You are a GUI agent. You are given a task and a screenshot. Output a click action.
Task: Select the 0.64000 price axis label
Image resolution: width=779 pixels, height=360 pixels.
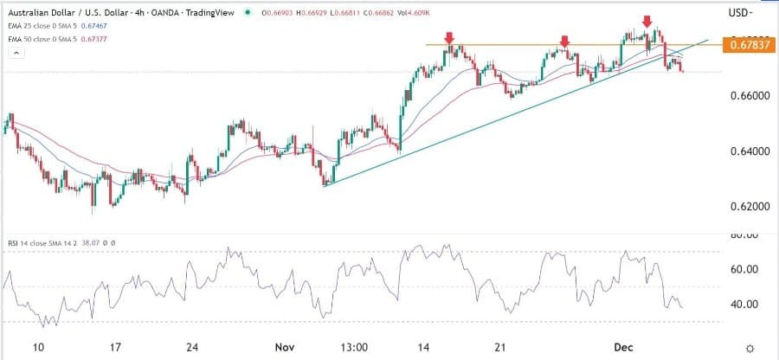750,151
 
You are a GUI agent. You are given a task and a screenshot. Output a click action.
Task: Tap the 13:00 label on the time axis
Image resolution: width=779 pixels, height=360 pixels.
355,347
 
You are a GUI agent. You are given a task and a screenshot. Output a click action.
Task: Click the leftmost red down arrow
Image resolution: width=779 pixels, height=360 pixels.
449,37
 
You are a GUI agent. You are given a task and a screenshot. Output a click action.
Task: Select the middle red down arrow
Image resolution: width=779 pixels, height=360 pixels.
564,41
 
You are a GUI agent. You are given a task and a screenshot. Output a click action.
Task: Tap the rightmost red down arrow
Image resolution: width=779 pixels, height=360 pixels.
646,21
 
